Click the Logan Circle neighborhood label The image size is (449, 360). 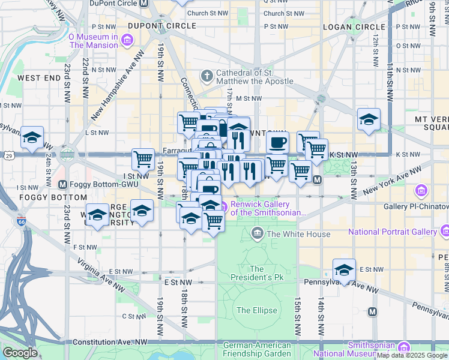point(354,27)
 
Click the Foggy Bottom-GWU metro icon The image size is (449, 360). point(62,184)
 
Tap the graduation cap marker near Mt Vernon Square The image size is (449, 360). point(369,119)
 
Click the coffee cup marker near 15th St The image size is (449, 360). point(277,143)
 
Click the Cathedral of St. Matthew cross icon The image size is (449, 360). point(206,76)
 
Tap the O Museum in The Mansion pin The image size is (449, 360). point(127,40)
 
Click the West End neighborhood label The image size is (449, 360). point(38,78)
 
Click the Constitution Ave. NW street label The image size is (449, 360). point(109,342)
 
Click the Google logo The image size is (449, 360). point(19,353)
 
